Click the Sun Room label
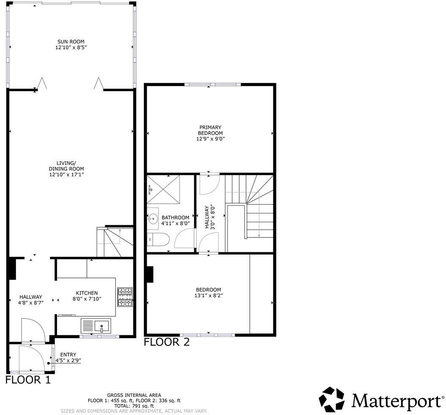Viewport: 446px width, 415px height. point(71,42)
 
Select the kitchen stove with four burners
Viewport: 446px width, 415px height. point(124,296)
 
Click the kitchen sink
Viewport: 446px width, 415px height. point(101,326)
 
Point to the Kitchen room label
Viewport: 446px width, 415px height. point(86,293)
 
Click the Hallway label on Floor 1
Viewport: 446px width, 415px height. point(31,297)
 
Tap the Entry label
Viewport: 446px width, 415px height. point(68,355)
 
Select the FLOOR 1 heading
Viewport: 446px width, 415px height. point(28,380)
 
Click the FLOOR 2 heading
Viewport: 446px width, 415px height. point(167,342)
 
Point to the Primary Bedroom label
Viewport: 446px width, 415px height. point(211,130)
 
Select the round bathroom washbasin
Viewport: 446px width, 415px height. point(153,218)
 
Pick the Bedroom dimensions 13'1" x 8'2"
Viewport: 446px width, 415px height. point(208,296)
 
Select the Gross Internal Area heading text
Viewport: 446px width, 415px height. point(134,395)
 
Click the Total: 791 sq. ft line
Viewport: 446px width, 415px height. point(134,405)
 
